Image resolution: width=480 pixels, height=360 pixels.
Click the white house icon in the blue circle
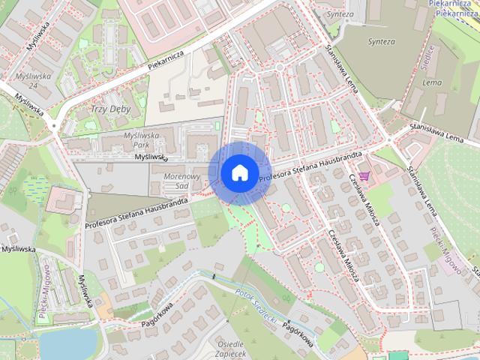[x=238, y=172]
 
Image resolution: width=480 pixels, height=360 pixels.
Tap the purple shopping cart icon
[x=365, y=176]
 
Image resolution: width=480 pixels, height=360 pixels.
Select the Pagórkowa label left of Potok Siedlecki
[x=157, y=316]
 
